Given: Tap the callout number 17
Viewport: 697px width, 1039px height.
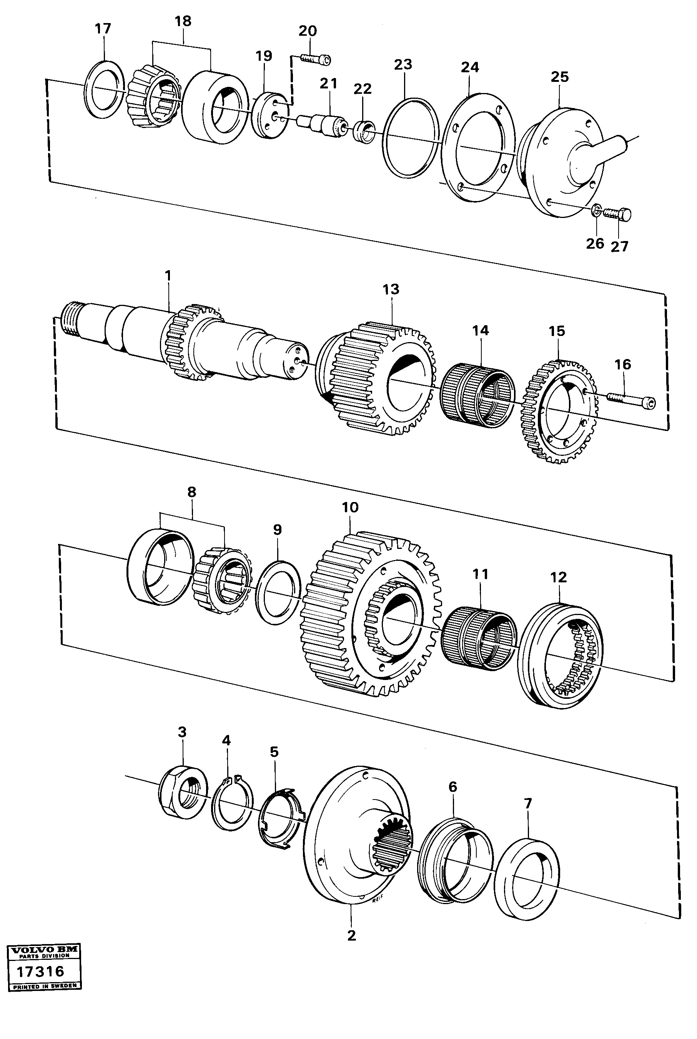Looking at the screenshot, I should tap(103, 29).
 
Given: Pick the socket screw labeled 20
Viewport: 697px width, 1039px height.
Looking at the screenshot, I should tap(316, 59).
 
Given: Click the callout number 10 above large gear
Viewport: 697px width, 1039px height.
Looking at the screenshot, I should tap(350, 507).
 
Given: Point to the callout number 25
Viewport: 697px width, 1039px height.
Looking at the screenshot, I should tap(560, 77).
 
